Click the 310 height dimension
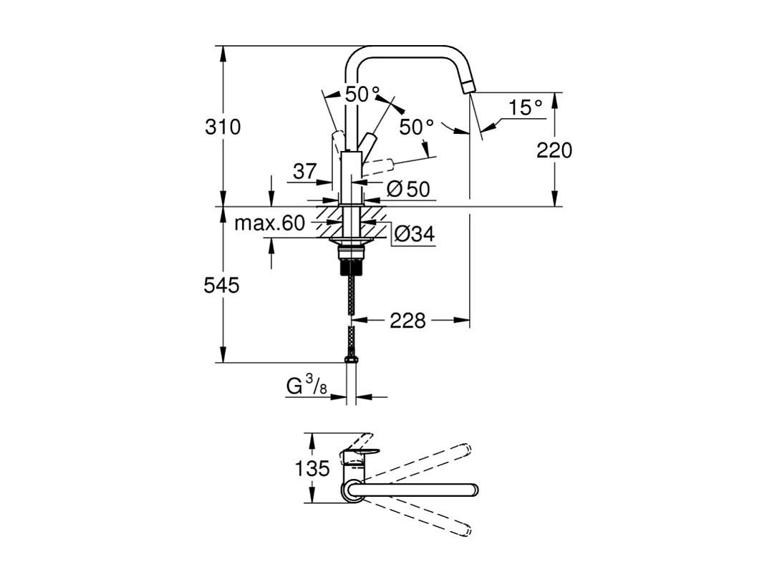tap(223, 127)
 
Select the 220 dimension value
tap(554, 150)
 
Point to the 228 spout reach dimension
tap(407, 321)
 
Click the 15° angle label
tap(526, 108)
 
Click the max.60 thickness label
tap(269, 223)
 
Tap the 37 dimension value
tap(304, 172)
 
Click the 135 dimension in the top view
tap(312, 469)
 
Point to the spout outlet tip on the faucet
tap(468, 87)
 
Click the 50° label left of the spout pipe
tap(362, 94)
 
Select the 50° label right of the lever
tap(417, 127)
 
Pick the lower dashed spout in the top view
tap(423, 515)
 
